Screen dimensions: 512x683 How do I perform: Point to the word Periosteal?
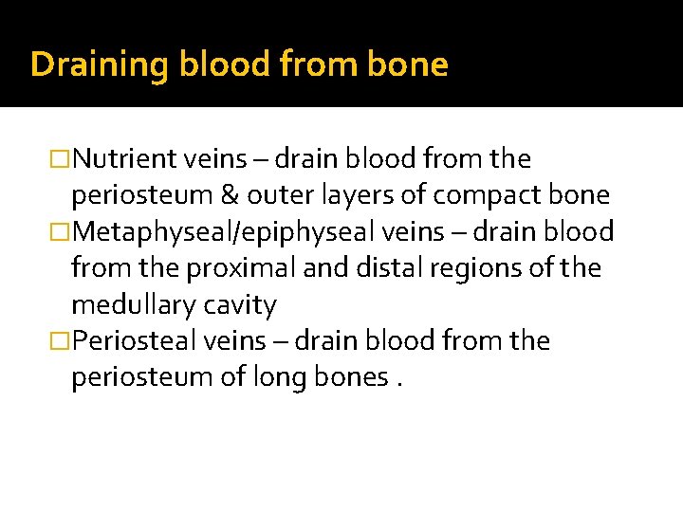point(134,341)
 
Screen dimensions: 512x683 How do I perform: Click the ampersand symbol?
point(231,195)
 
